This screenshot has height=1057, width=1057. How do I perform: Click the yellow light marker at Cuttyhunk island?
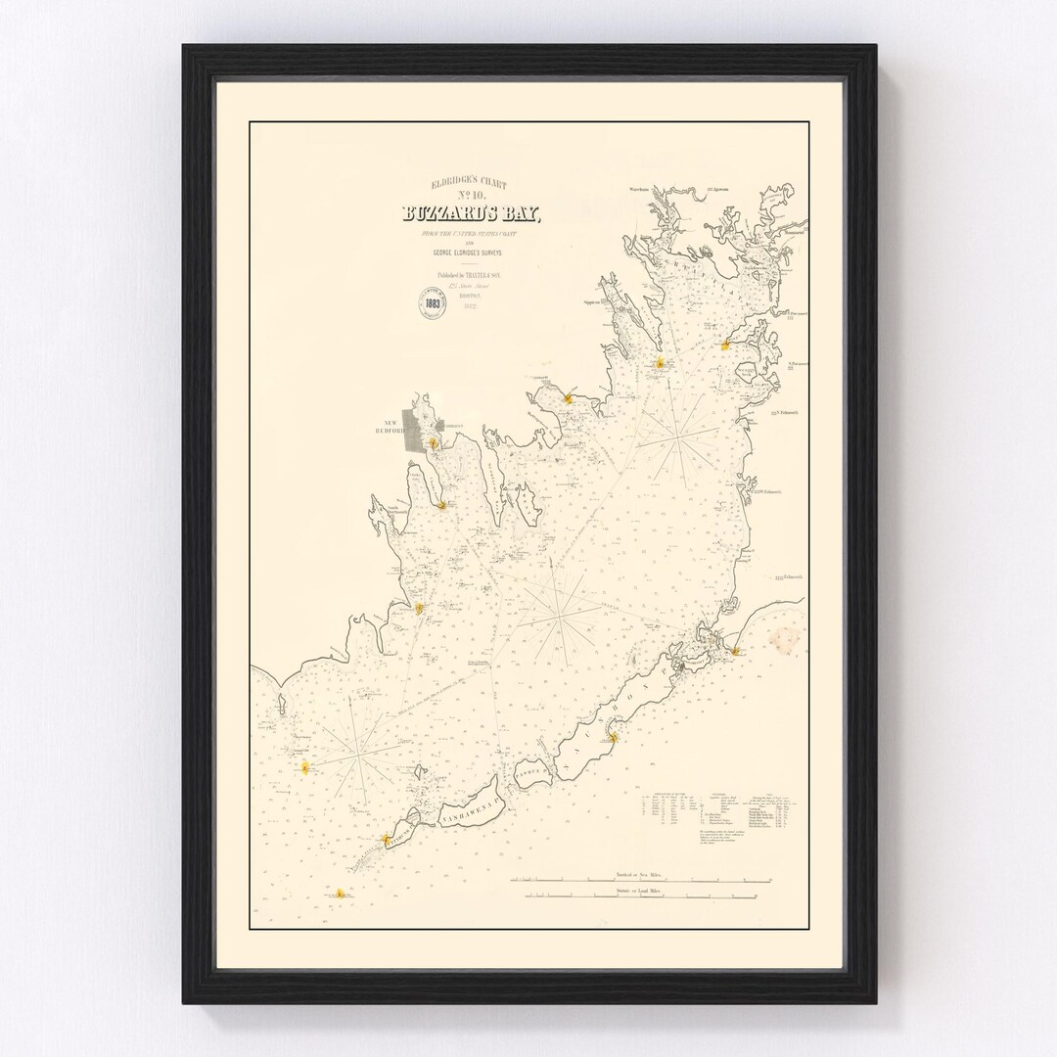click(x=385, y=840)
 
